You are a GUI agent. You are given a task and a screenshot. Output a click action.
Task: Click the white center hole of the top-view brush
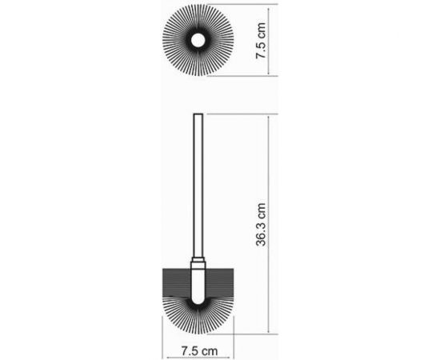(198, 40)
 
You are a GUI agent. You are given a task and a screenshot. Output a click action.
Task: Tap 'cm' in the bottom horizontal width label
(210, 349)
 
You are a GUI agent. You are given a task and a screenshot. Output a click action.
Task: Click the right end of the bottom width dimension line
(233, 338)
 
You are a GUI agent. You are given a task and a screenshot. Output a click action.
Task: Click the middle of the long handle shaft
(198, 188)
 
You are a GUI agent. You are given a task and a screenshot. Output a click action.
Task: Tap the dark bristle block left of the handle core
(176, 281)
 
